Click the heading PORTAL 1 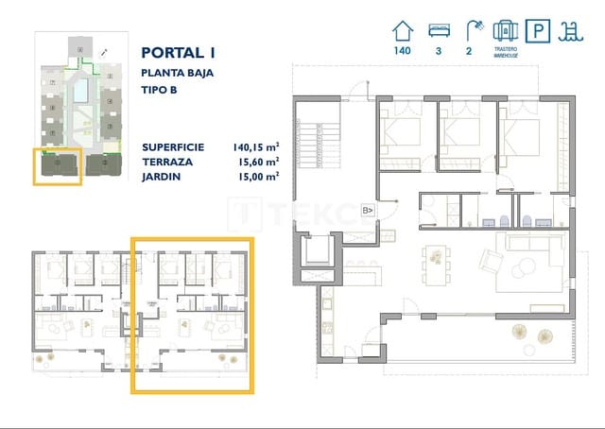click(179, 53)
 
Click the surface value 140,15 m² click(255, 147)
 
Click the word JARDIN click(163, 176)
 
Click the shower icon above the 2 click(469, 30)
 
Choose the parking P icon click(539, 32)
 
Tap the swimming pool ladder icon click(572, 32)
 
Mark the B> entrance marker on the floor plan click(369, 210)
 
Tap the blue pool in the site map click(82, 90)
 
